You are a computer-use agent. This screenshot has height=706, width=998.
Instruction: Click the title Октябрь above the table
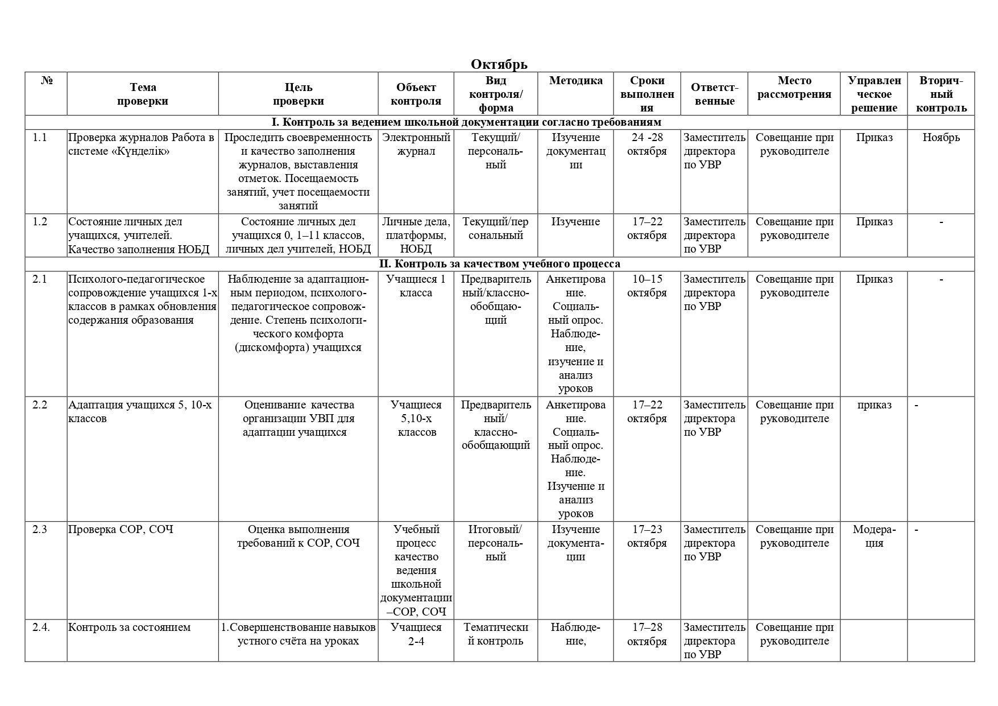click(499, 64)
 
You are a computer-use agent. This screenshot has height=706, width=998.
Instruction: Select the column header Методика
click(575, 81)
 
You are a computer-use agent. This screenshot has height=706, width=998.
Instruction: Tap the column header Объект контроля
click(416, 94)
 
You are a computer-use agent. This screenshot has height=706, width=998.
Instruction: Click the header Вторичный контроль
click(941, 94)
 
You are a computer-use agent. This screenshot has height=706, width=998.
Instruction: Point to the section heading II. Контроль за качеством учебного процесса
click(499, 264)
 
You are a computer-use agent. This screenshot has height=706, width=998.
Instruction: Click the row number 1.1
click(40, 138)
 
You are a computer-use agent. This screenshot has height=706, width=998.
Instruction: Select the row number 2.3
click(40, 530)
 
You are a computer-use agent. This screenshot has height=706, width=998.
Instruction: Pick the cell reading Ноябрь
click(941, 138)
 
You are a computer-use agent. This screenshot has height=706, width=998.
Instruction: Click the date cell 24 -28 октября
click(647, 144)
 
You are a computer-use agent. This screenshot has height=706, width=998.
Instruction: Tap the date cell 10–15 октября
click(647, 286)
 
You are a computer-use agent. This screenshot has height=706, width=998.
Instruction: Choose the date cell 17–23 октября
click(647, 536)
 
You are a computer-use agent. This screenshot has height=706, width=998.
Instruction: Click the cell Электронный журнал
click(416, 144)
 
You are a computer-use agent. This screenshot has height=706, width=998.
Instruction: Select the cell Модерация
click(874, 536)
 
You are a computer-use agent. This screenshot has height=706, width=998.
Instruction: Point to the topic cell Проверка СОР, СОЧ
click(121, 530)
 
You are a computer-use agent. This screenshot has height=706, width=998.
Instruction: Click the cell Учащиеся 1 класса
click(416, 286)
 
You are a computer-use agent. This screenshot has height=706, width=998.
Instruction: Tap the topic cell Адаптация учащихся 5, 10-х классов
click(140, 412)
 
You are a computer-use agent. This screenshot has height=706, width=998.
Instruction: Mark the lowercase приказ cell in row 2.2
click(874, 405)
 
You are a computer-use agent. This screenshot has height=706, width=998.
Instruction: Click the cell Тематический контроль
click(496, 634)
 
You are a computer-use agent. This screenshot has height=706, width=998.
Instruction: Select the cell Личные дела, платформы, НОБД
click(416, 236)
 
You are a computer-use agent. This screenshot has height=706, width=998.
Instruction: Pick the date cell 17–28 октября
click(647, 634)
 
